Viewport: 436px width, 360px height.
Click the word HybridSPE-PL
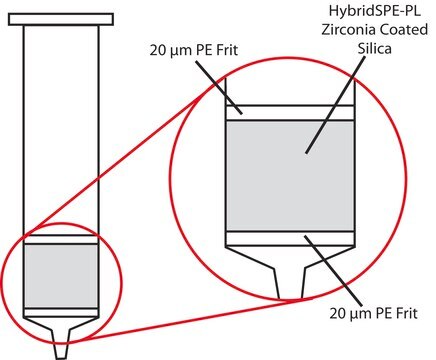point(374,11)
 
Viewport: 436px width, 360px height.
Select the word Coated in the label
point(404,30)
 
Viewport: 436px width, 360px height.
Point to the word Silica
point(375,49)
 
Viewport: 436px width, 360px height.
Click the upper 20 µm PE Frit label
point(194,51)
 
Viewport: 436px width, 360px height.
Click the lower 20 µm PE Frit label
point(373,313)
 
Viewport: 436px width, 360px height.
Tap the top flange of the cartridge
point(61,19)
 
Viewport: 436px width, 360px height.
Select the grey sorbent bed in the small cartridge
point(61,276)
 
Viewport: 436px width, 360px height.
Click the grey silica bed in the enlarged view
point(290,176)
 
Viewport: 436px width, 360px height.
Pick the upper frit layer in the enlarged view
point(290,113)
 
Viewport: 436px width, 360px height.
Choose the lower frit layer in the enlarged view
point(290,238)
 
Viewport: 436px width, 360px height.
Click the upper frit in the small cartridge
point(61,240)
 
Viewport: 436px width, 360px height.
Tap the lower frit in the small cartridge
point(61,312)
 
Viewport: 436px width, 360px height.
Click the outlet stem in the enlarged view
point(290,282)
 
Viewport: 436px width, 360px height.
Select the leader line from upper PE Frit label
point(219,87)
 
